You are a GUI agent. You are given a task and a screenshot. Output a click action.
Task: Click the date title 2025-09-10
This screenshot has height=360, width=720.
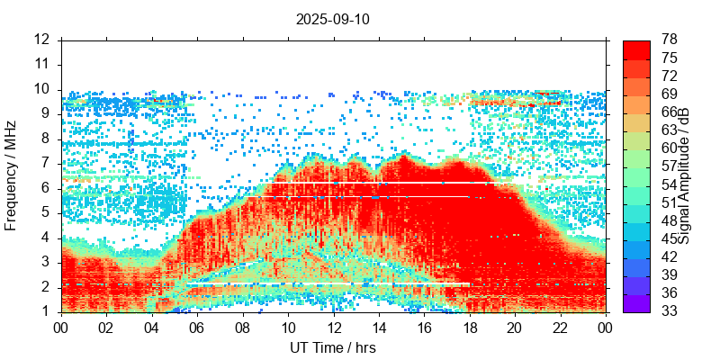click(x=333, y=19)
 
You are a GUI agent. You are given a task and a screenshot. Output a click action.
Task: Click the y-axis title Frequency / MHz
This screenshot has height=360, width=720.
click(x=12, y=175)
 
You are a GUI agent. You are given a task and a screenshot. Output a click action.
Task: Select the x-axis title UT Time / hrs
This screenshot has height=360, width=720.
click(x=333, y=347)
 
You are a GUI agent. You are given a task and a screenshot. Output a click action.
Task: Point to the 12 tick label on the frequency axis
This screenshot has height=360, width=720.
click(x=42, y=40)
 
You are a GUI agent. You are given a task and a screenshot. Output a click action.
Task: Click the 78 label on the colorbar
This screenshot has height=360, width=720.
click(x=670, y=40)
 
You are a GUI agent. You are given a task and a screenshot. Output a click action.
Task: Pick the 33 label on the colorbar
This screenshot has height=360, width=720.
click(x=670, y=311)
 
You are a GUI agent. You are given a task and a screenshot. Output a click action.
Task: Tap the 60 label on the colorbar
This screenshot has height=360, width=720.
click(x=670, y=148)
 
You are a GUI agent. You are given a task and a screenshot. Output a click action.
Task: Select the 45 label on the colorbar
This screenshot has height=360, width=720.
click(x=670, y=238)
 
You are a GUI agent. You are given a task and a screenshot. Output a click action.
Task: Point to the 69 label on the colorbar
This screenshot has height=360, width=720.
click(x=670, y=94)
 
